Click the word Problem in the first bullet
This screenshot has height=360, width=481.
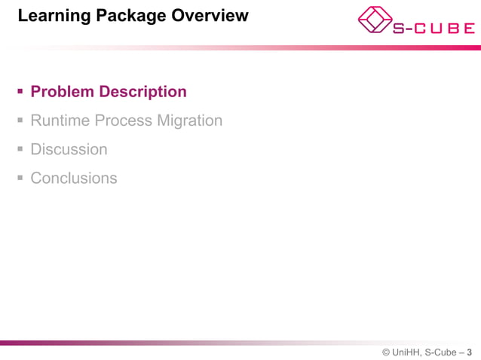(x=63, y=92)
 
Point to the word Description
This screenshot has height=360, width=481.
(x=143, y=92)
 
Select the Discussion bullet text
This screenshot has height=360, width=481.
(x=69, y=149)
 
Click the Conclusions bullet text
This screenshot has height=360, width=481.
(x=74, y=178)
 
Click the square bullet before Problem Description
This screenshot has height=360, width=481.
(x=20, y=93)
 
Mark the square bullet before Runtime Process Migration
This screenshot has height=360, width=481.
(x=20, y=121)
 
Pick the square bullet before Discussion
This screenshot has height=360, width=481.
(x=20, y=150)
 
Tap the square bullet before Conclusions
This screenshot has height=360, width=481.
(x=20, y=178)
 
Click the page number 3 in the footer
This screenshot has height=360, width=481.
(x=470, y=352)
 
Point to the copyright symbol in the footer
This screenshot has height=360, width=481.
(x=385, y=352)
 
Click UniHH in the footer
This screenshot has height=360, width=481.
(x=406, y=352)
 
